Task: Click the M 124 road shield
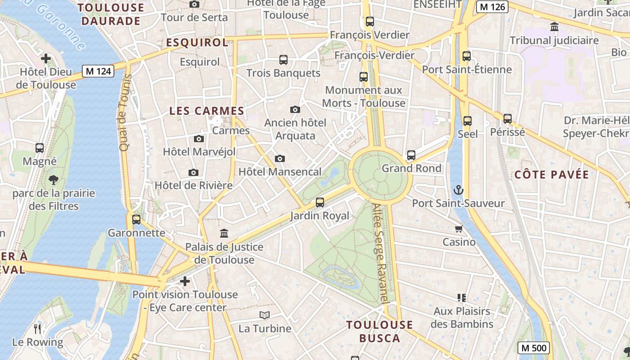[98, 71]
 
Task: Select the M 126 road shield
[493, 7]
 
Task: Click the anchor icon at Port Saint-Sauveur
[458, 190]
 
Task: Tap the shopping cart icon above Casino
[459, 229]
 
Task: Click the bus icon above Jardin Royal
[320, 202]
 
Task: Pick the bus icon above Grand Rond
[411, 155]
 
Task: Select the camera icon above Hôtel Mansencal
[280, 158]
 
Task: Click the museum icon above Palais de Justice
[224, 233]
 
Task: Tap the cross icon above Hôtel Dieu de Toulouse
[45, 58]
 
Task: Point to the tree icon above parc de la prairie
[54, 180]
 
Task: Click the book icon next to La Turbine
[265, 315]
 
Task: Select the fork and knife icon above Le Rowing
[38, 329]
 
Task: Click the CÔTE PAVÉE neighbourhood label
[551, 175]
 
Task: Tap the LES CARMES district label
[207, 111]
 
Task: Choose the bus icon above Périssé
[508, 119]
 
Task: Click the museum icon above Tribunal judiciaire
[554, 27]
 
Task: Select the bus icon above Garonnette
[136, 220]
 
